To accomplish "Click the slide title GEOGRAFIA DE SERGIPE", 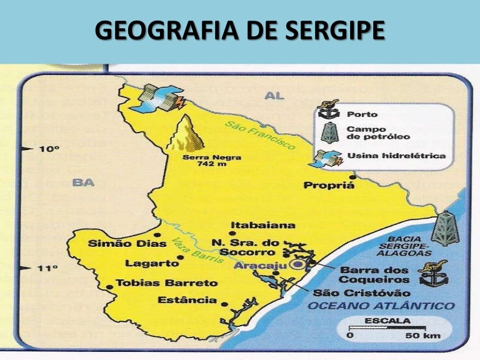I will [240, 31].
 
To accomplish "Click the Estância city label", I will [187, 300].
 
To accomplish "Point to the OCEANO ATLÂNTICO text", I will [380, 306].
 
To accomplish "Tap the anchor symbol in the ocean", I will [432, 273].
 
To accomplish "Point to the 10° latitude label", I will [49, 149].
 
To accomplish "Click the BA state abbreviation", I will [82, 182].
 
